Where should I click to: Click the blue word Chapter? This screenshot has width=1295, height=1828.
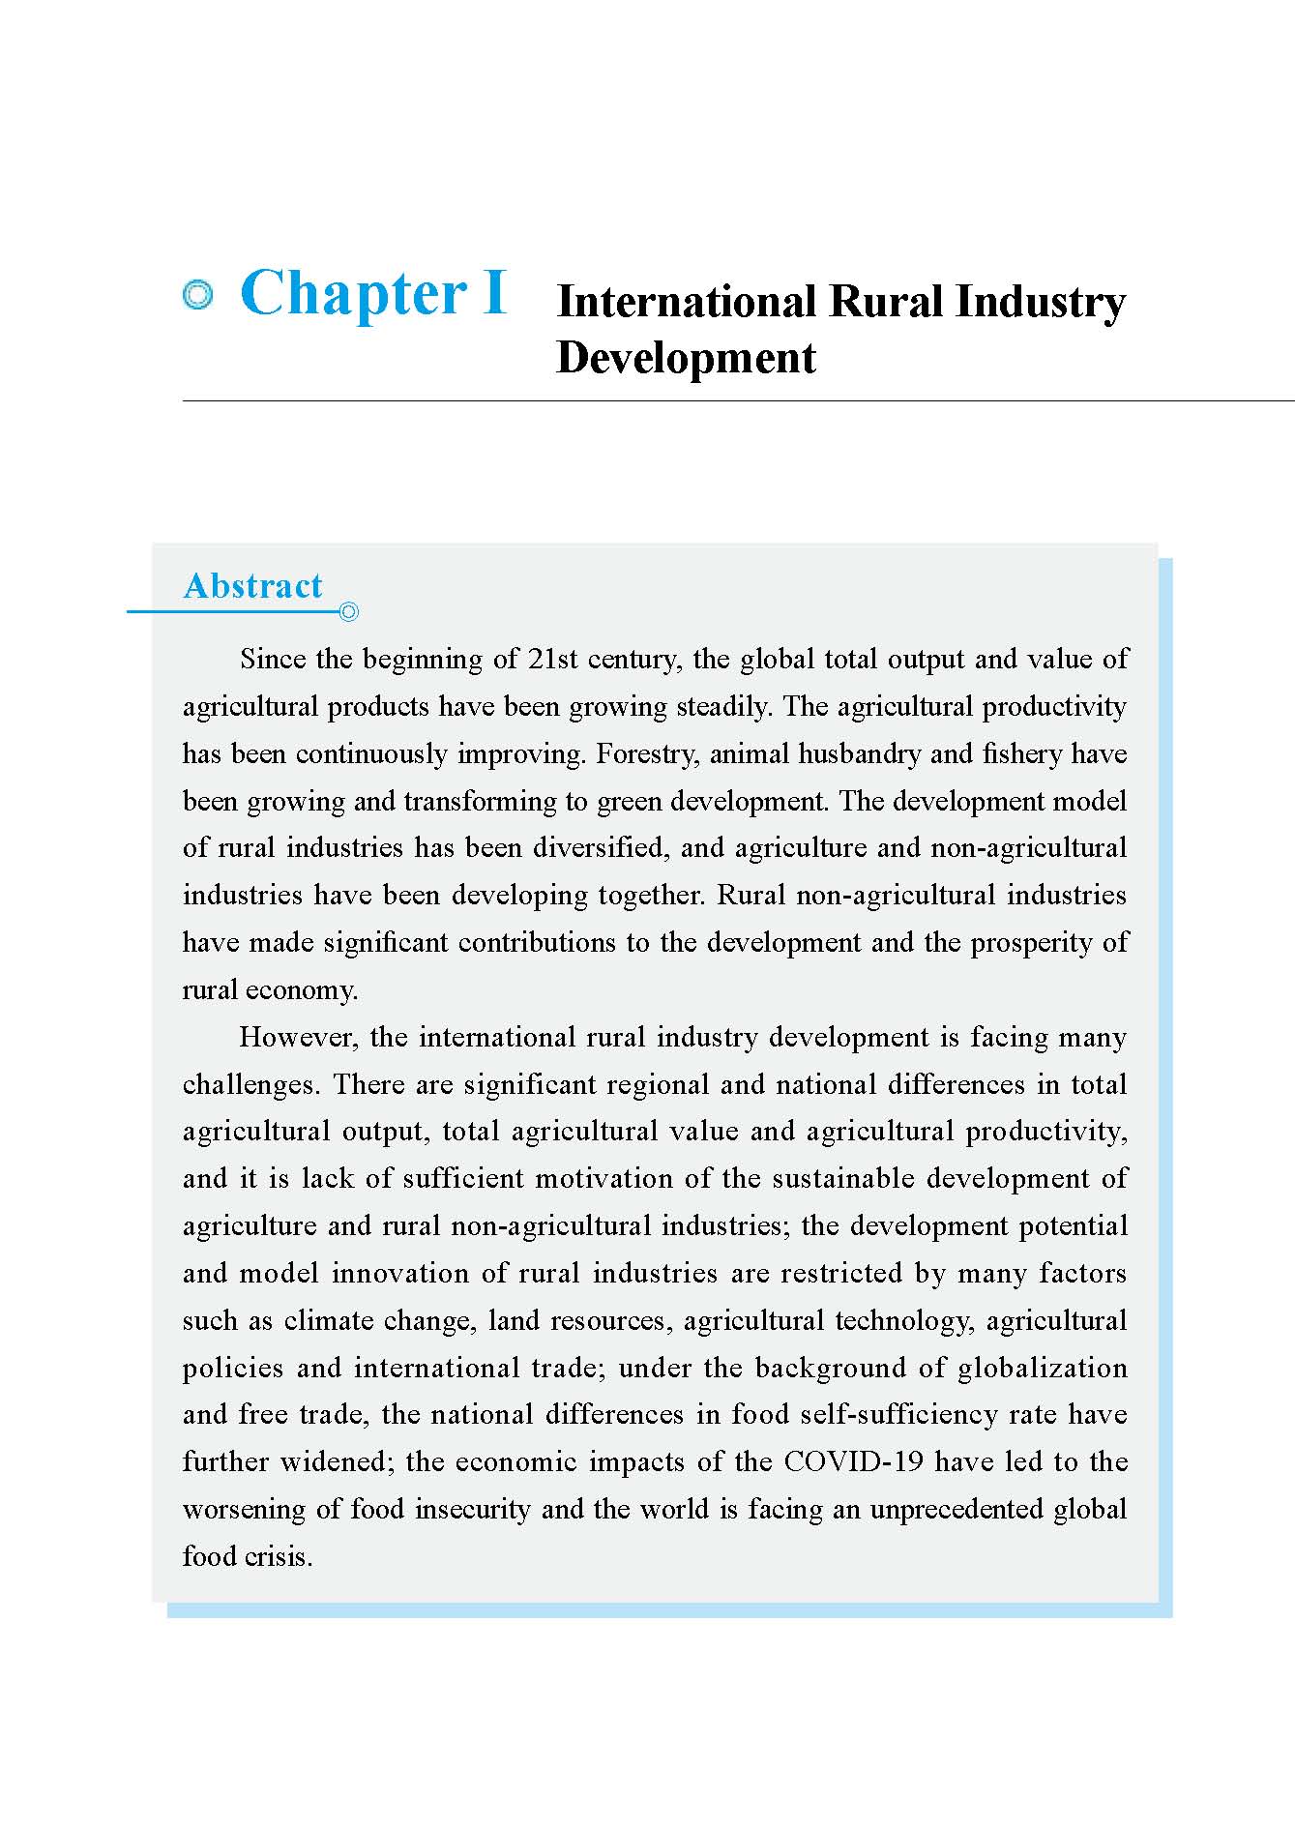[x=354, y=293]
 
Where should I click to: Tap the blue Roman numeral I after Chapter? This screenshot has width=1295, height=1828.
[x=494, y=293]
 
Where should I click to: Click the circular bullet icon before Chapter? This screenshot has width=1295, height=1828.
[x=197, y=296]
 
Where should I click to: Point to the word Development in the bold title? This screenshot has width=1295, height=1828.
[x=686, y=358]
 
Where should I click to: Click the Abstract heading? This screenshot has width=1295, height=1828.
[x=252, y=586]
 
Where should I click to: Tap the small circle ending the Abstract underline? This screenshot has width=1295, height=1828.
[x=349, y=611]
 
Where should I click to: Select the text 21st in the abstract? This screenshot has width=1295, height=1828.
[x=552, y=660]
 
